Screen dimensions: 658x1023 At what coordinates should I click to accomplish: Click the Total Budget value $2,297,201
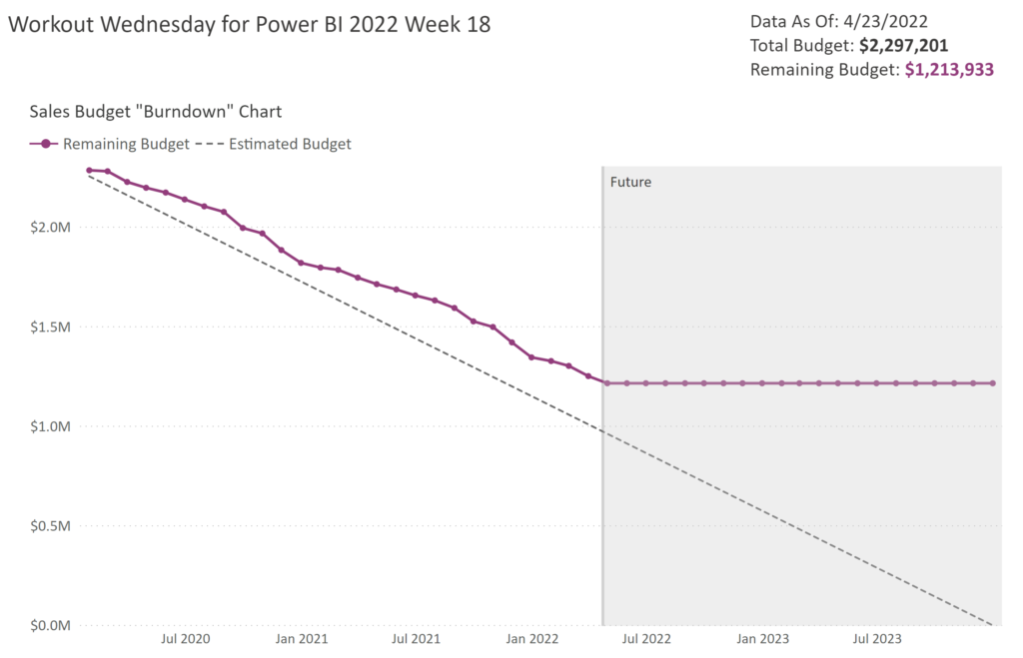point(903,45)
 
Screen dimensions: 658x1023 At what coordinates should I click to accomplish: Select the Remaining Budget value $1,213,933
point(949,70)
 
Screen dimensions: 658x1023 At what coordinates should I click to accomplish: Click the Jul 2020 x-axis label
point(186,638)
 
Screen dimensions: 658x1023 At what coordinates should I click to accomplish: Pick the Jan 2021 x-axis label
point(302,638)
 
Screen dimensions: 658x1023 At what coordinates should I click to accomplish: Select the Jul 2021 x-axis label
point(416,638)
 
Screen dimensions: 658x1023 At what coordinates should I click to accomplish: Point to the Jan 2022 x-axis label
point(531,638)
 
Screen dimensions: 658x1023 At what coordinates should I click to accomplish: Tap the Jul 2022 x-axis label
point(645,638)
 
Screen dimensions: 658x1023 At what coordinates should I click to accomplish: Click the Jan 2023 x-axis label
point(761,638)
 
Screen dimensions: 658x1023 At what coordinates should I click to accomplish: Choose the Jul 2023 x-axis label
point(875,638)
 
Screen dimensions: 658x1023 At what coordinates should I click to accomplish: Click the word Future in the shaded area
point(630,183)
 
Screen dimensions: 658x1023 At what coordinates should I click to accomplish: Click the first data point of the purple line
point(89,171)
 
